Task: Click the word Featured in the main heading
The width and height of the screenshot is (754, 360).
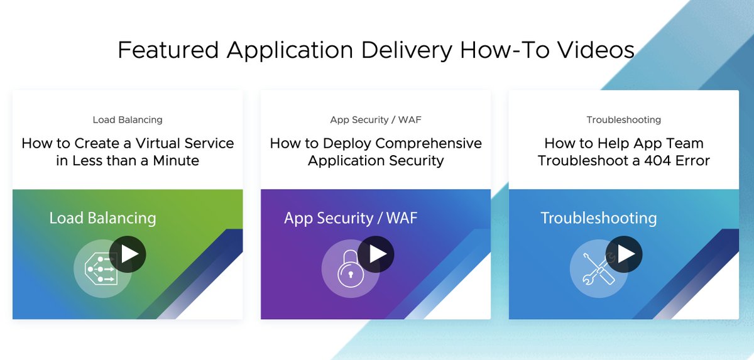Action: tap(168, 50)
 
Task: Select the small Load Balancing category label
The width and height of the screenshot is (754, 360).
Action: tap(128, 119)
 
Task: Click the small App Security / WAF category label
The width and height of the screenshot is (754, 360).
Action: tap(376, 119)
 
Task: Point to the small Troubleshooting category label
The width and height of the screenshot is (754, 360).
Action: tap(623, 119)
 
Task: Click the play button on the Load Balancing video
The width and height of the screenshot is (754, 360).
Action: tap(128, 254)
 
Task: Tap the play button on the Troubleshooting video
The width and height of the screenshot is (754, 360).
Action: tap(624, 254)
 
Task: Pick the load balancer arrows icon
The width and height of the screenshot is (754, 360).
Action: tap(101, 270)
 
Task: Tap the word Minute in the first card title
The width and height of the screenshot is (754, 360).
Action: tap(173, 160)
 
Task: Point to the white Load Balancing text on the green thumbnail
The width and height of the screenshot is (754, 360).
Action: tap(102, 218)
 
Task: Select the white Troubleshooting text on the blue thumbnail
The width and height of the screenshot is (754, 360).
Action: tap(598, 218)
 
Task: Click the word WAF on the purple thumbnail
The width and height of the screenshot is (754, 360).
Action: tap(400, 218)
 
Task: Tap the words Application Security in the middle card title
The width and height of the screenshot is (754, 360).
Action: tap(376, 160)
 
